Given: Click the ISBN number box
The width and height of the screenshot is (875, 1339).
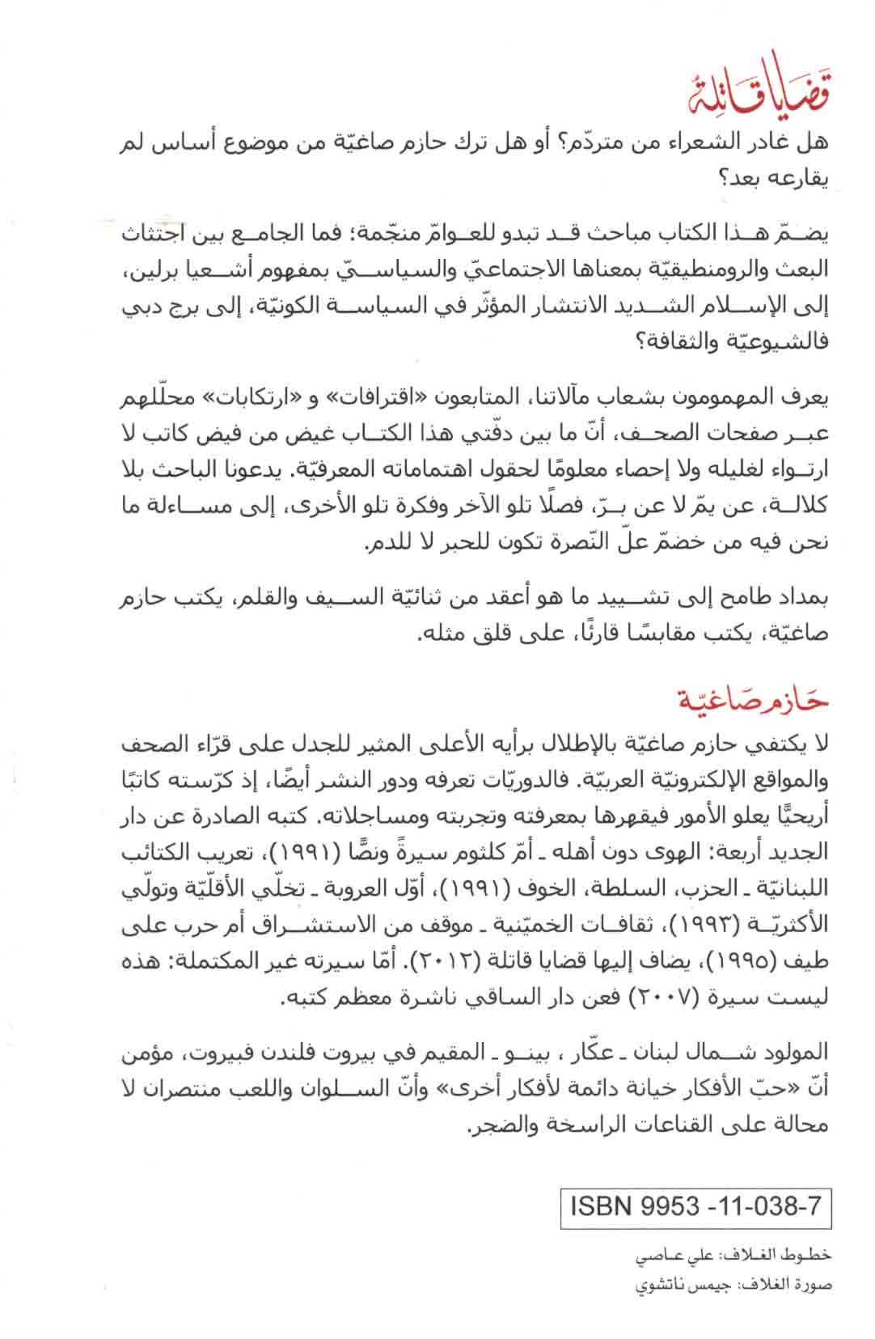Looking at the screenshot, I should click(x=695, y=1206).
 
